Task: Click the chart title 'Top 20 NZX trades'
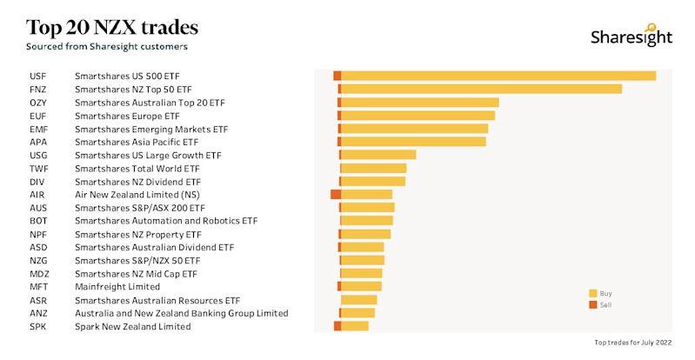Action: [113, 25]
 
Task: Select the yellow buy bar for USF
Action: [498, 76]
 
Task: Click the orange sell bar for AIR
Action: [335, 195]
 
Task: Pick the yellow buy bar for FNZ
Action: [481, 89]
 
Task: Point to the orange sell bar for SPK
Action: [337, 326]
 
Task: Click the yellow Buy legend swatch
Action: [593, 293]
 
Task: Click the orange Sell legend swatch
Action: [593, 305]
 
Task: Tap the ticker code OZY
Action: [39, 103]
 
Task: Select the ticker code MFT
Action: [39, 287]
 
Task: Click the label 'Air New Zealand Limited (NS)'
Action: [137, 195]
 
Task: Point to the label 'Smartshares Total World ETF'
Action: [137, 169]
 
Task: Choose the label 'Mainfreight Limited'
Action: [117, 287]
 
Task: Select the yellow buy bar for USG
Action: [378, 155]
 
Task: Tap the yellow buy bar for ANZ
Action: [358, 313]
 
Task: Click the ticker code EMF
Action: [39, 129]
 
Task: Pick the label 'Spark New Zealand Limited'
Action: [132, 326]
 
